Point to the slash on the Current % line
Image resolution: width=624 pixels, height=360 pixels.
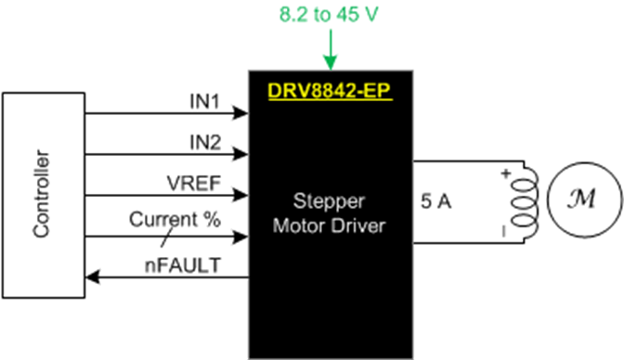coord(109,237)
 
